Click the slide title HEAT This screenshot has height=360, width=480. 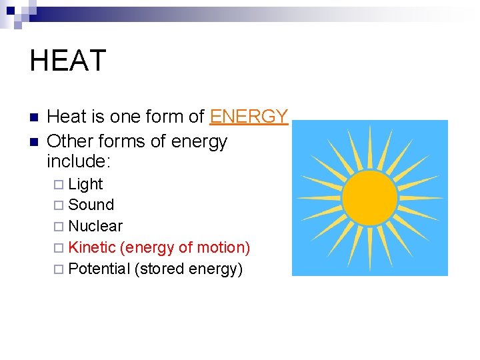click(67, 61)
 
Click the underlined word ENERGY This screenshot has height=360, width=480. click(249, 117)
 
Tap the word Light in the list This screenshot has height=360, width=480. click(85, 184)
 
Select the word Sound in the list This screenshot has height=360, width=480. click(91, 205)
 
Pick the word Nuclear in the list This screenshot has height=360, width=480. click(95, 226)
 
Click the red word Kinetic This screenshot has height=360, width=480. click(92, 247)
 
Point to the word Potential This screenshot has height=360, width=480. click(99, 269)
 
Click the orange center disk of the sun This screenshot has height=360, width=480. click(369, 197)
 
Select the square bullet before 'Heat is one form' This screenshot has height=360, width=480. click(34, 117)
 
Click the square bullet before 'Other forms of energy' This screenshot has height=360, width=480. click(34, 142)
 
